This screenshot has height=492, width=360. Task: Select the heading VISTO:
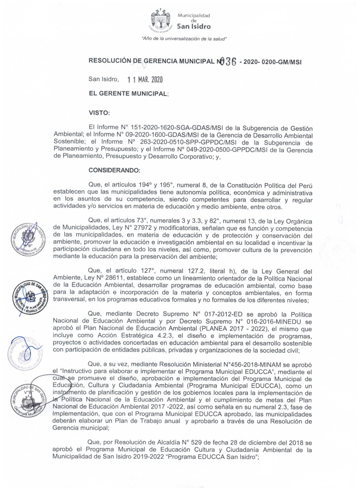99,113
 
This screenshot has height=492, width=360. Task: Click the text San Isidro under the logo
194,26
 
